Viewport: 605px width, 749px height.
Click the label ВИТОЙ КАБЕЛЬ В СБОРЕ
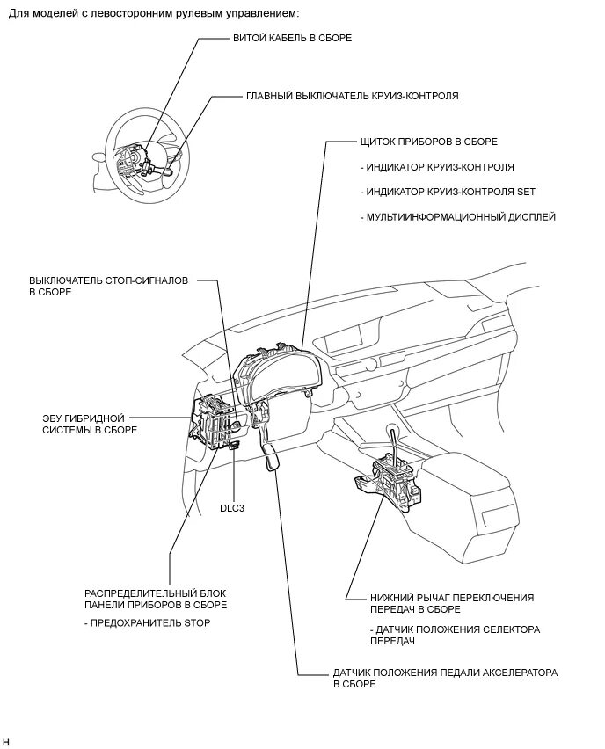293,39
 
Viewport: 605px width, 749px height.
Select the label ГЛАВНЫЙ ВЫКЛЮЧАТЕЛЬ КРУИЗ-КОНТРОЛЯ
352,95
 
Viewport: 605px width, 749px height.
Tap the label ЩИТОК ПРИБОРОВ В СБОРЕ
428,141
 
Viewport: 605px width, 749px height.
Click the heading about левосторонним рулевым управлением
154,13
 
